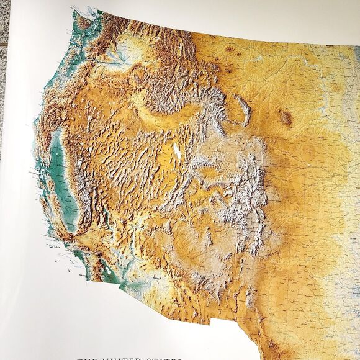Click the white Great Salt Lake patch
coord(177,151)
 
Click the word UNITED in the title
coord(128,358)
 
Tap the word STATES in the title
coord(164,358)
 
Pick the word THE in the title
coord(89,358)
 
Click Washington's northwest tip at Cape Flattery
coord(74,11)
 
